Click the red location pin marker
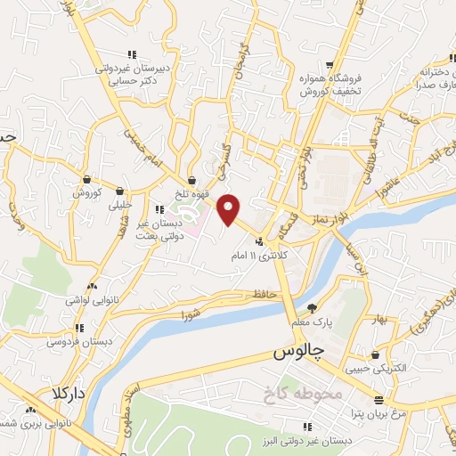(230, 209)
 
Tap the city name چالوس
(295, 354)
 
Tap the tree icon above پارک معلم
(311, 308)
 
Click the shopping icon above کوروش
(86, 178)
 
